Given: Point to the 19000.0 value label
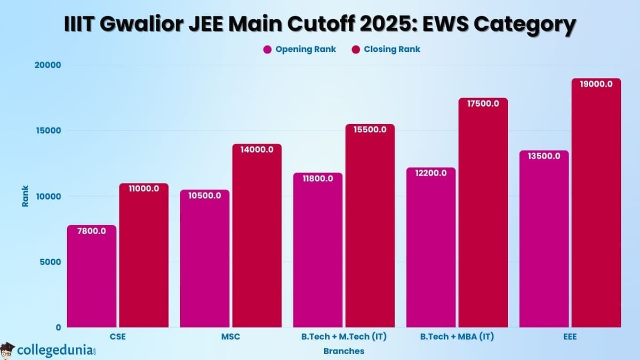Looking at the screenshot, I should (x=596, y=84).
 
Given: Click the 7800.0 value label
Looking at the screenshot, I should (x=91, y=231).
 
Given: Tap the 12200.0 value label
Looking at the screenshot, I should (x=431, y=173).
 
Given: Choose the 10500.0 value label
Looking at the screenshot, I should (x=204, y=195).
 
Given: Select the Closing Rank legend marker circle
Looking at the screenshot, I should (x=356, y=49).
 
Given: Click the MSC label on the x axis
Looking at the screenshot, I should (x=230, y=337).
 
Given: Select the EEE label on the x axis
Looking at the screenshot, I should (x=569, y=337).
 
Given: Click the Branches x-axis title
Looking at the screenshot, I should (x=343, y=351).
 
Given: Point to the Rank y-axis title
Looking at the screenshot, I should (x=25, y=196).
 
